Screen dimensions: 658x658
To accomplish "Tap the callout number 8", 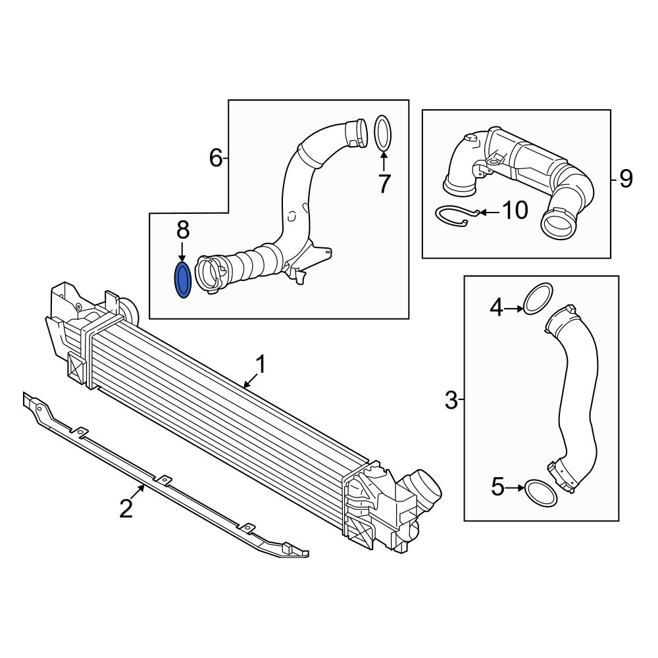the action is coord(183,230).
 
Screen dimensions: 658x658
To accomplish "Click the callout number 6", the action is coord(216,158).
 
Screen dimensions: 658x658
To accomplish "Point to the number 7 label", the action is coord(384,183).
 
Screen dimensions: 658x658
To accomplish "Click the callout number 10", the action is coord(515,211).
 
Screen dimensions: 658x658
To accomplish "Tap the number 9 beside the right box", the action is coord(626,179).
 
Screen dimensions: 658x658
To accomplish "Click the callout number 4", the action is coord(497,307).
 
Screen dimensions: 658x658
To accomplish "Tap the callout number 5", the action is coord(497,488).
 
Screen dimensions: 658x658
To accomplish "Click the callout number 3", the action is coord(451,400).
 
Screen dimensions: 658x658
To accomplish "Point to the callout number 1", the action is coord(261,364).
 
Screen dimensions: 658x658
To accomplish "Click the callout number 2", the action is coord(126,509).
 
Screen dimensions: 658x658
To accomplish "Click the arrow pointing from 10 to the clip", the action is coord(490,213).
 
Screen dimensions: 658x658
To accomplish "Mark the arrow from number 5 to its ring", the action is coord(515,488).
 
